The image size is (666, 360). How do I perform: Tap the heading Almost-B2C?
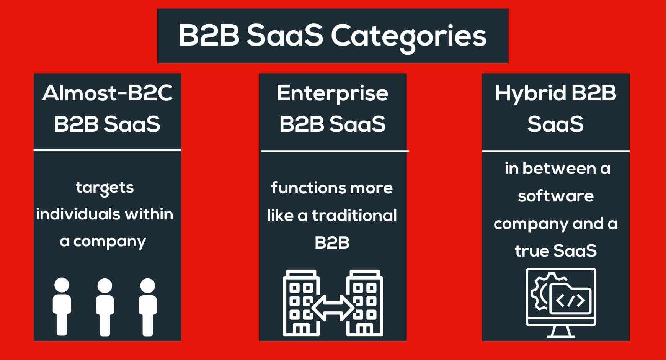108,93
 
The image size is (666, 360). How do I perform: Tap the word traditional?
354,215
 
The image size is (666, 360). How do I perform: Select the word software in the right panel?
556,196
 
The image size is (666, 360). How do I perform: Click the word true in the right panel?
531,251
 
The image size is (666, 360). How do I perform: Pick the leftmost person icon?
62,306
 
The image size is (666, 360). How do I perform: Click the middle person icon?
105,306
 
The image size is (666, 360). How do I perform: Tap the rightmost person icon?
148,306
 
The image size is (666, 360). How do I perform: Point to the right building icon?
364,303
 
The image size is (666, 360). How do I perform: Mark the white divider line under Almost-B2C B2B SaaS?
107,150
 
